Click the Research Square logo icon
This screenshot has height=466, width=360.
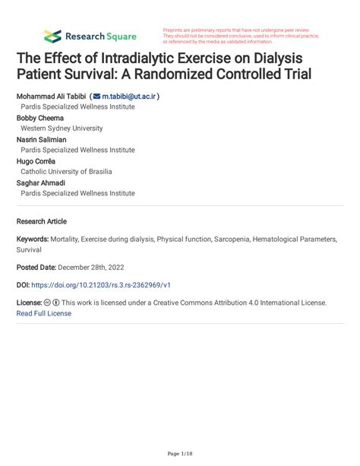pos(52,36)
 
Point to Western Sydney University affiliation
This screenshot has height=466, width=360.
pos(68,128)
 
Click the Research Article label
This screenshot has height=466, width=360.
pos(42,221)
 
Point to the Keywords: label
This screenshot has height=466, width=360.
pos(33,239)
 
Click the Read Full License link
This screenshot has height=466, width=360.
pos(44,312)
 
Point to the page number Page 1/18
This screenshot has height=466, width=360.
pos(179,454)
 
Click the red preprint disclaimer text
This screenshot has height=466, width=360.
pos(240,36)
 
